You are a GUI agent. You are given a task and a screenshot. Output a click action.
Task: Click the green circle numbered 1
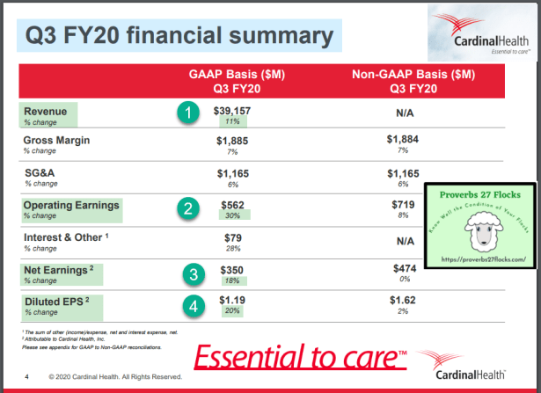186,113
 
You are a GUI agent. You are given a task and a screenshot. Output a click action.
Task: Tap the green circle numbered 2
186,208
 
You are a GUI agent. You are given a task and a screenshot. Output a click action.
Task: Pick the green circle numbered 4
194,307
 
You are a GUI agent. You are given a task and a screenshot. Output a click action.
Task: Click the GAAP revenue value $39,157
232,111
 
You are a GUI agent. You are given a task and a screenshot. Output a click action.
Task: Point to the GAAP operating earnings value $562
232,205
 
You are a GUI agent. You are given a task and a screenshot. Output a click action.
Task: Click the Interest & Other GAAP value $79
232,237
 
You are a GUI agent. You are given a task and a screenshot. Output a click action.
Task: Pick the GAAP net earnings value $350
232,268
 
